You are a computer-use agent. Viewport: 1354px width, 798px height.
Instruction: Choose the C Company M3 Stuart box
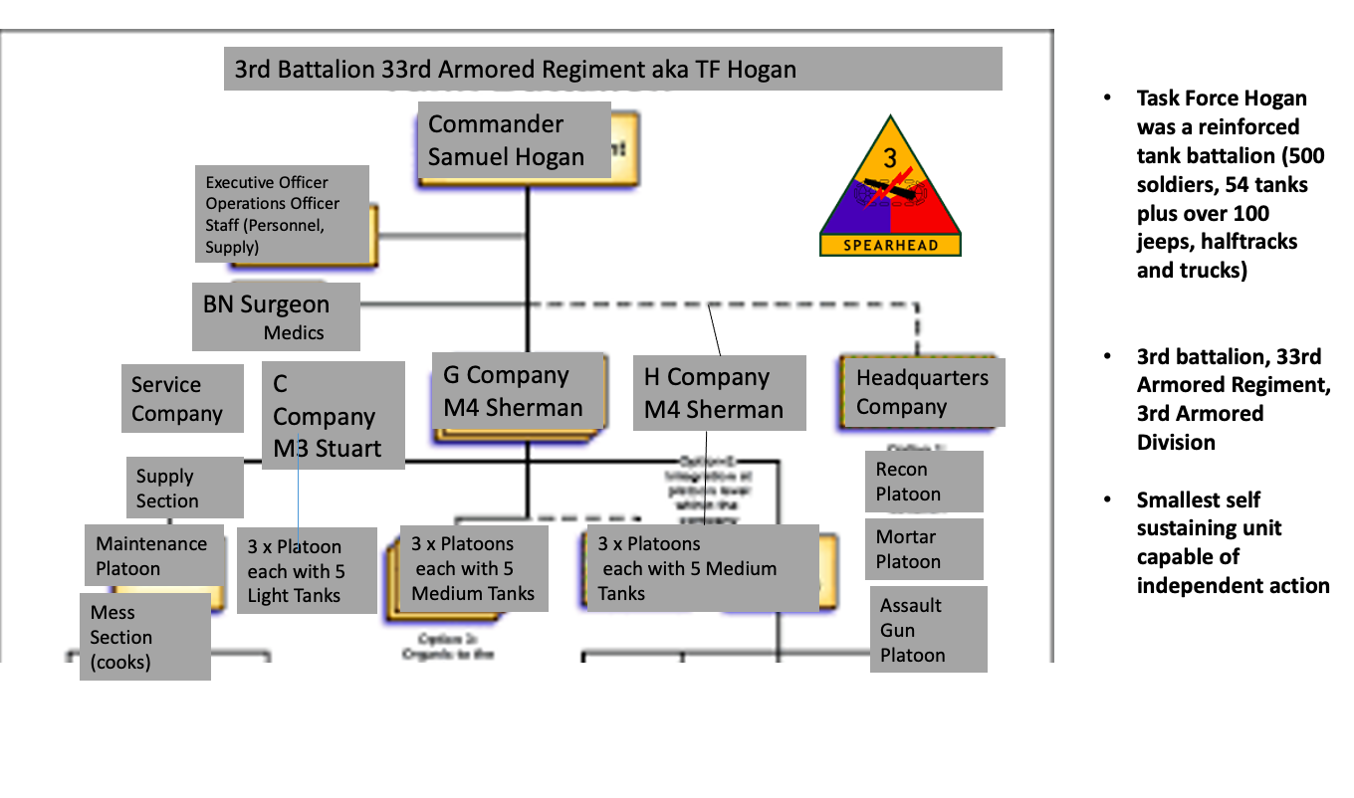click(x=333, y=416)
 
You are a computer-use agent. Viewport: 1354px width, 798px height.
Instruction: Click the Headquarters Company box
click(x=922, y=392)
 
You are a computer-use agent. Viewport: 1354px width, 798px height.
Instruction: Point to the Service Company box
click(x=182, y=399)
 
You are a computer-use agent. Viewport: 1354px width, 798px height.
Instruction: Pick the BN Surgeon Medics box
click(x=276, y=316)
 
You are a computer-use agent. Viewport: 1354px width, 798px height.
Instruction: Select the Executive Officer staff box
click(x=282, y=214)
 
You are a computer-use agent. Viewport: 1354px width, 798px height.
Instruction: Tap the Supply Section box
click(x=185, y=488)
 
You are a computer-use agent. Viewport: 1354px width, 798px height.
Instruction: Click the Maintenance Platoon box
click(x=153, y=555)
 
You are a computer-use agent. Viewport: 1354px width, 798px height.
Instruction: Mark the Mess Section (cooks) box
click(x=144, y=637)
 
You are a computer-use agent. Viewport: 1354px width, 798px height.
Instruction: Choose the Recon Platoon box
click(x=924, y=482)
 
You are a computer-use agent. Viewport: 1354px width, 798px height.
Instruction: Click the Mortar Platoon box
click(x=924, y=549)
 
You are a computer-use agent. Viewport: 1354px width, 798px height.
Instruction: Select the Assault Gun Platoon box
click(x=927, y=630)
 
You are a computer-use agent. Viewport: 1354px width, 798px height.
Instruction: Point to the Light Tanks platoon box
click(x=307, y=571)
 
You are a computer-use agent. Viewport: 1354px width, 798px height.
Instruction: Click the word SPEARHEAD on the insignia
click(x=890, y=245)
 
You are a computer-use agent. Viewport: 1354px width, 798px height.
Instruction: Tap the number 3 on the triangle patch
click(x=890, y=158)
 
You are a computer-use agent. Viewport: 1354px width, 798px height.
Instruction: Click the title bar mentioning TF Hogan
click(x=612, y=70)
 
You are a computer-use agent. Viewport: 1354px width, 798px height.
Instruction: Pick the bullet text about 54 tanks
click(x=1222, y=184)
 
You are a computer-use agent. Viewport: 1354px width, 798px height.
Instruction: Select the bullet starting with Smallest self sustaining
click(x=1233, y=542)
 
